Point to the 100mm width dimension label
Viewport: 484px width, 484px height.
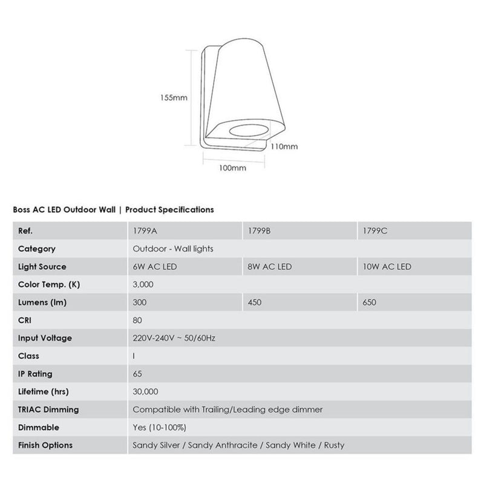(x=232, y=168)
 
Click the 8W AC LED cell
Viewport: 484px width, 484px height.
(x=270, y=267)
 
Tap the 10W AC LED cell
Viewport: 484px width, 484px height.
(x=387, y=267)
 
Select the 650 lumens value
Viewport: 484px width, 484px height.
(x=368, y=302)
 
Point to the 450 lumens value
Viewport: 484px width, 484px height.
(x=254, y=302)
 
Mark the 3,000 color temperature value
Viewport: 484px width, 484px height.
(x=143, y=284)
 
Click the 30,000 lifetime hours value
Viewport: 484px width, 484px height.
(x=145, y=391)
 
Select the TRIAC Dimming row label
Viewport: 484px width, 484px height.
(x=48, y=410)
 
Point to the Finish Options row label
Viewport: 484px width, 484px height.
(x=45, y=445)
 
